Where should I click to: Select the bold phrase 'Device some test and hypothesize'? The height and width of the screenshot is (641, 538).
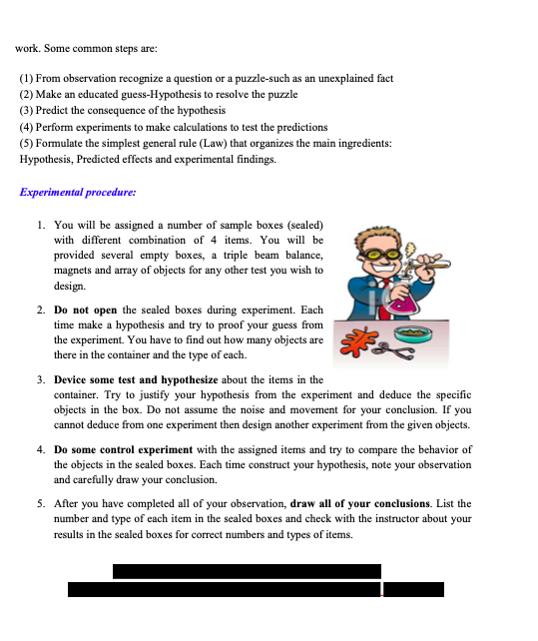coord(132,380)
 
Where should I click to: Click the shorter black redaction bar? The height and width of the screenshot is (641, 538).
coord(247,571)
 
